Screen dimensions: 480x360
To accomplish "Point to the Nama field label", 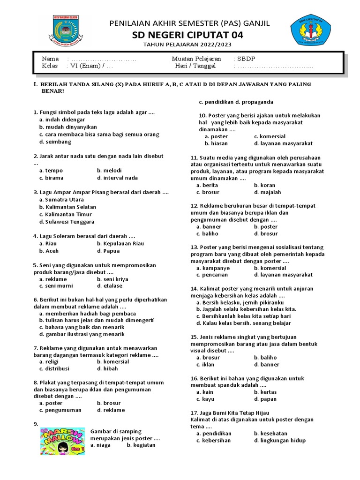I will tap(50, 59).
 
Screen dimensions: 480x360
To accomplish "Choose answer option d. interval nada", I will tap(117, 178).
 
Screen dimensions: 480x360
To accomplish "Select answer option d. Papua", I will tap(108, 251).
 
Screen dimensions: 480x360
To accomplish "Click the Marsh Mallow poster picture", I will tap(62, 441).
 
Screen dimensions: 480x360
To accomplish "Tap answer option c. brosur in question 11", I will tap(208, 192).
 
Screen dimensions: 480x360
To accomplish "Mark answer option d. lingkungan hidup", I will tap(279, 440).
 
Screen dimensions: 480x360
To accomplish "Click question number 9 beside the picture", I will tap(36, 424).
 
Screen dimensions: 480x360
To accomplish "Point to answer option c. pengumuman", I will tap(60, 410).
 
